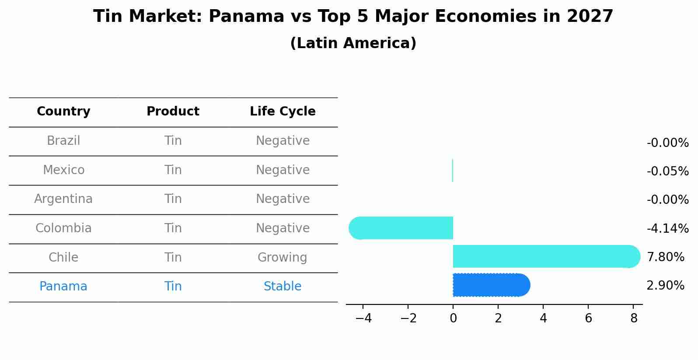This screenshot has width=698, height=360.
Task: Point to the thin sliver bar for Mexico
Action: click(453, 171)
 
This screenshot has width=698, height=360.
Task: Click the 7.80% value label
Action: click(665, 257)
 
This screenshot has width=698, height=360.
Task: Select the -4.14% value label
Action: click(667, 229)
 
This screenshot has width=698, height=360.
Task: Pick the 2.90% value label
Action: click(665, 286)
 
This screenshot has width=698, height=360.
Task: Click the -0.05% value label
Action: click(667, 171)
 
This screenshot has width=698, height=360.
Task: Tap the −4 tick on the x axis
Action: click(363, 318)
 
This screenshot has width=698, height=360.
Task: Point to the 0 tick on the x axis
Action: click(453, 318)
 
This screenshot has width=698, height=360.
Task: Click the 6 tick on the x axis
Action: click(588, 318)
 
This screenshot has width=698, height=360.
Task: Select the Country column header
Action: click(63, 112)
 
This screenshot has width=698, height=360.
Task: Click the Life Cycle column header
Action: click(283, 112)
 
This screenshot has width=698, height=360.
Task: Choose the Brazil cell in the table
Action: click(63, 141)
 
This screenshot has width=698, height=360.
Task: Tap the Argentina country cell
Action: click(63, 199)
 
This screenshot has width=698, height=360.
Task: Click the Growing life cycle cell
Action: click(283, 258)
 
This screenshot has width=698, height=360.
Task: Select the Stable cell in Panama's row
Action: click(283, 287)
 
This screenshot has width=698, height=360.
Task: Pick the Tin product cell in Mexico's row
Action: click(173, 170)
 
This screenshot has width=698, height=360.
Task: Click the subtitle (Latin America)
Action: click(353, 43)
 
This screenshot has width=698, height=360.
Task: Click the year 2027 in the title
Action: click(590, 17)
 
